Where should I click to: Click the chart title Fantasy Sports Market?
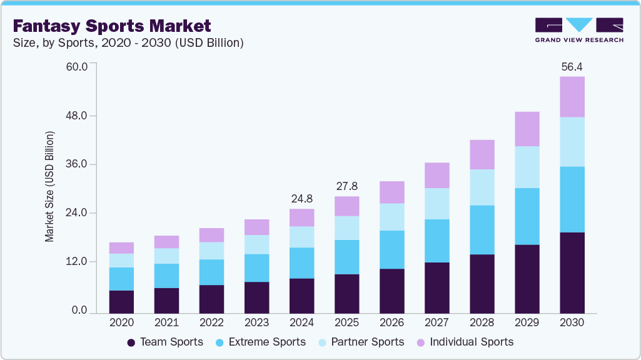tap(112, 26)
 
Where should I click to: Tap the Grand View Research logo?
tap(578, 30)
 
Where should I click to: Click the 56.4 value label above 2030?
tap(572, 66)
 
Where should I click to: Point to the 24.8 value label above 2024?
tap(301, 199)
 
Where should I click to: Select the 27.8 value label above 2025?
tap(346, 186)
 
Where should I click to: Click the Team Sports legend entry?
tap(165, 342)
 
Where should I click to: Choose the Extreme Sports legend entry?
tap(260, 342)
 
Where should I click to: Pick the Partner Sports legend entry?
tap(360, 342)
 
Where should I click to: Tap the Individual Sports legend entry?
tap(465, 342)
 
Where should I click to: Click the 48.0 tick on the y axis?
tap(78, 116)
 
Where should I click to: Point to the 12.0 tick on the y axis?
tap(78, 261)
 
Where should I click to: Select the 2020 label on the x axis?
tap(121, 322)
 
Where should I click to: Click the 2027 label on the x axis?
tap(437, 322)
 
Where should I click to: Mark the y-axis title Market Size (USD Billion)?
tap(49, 187)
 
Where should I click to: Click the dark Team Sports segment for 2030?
tap(572, 272)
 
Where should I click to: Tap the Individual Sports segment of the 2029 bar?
tap(527, 129)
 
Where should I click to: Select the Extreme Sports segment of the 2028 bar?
tap(482, 229)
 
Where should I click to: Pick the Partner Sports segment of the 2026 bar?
tap(391, 217)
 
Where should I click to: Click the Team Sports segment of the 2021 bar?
tap(166, 300)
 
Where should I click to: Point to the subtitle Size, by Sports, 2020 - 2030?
tap(128, 43)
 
